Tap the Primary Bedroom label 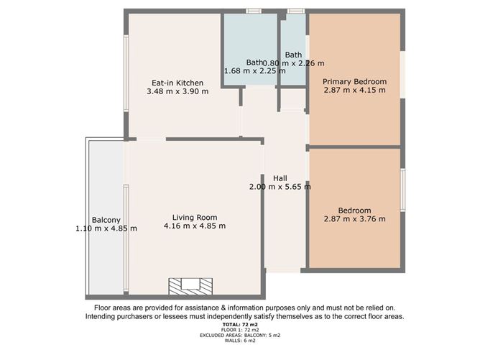coord(354,81)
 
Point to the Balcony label coord(106,220)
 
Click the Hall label coord(280,177)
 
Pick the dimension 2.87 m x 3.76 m coord(354,219)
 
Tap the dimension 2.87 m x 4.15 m coord(354,91)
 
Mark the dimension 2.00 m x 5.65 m coord(280,187)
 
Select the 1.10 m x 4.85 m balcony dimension coord(106,229)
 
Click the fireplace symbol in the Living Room coord(190,286)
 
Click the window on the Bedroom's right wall coord(402,192)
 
